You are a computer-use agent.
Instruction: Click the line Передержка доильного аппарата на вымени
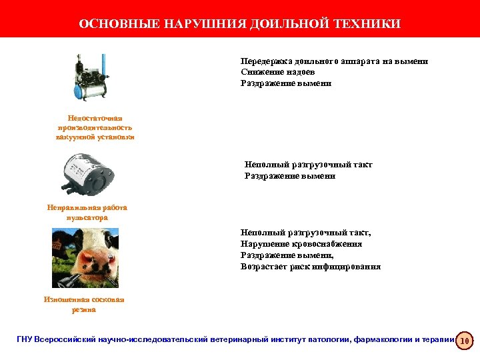pyautogui.click(x=334, y=61)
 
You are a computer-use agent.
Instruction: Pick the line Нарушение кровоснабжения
pyautogui.click(x=301, y=244)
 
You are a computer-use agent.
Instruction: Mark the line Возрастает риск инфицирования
pyautogui.click(x=311, y=267)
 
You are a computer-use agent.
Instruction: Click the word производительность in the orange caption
pyautogui.click(x=95, y=127)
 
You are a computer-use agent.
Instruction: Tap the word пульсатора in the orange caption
pyautogui.click(x=87, y=218)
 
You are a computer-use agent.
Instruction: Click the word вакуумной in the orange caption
pyautogui.click(x=77, y=137)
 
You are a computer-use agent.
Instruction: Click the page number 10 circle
pyautogui.click(x=465, y=341)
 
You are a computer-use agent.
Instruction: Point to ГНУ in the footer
pyautogui.click(x=25, y=340)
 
